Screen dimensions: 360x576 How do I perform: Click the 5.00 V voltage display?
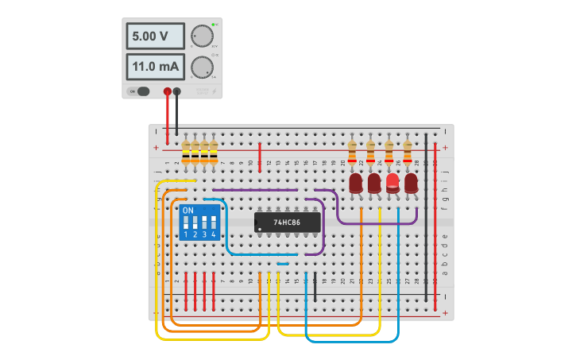[155, 36]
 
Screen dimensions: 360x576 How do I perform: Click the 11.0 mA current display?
[155, 66]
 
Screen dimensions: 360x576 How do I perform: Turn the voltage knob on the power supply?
[202, 36]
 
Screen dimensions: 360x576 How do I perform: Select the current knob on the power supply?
[202, 67]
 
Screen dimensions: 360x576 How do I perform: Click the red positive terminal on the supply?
[167, 91]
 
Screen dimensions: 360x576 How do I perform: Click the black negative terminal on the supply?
[176, 91]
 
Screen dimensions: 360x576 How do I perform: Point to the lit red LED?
[392, 183]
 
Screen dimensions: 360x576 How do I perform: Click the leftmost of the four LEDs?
[355, 184]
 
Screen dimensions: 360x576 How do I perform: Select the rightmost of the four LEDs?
[411, 184]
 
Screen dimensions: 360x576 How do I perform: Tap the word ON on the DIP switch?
[187, 211]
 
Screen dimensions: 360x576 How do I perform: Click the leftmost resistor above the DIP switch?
[186, 152]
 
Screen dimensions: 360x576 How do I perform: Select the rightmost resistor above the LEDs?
[408, 152]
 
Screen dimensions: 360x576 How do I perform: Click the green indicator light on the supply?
[214, 25]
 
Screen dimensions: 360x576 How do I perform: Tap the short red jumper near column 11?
[260, 157]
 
